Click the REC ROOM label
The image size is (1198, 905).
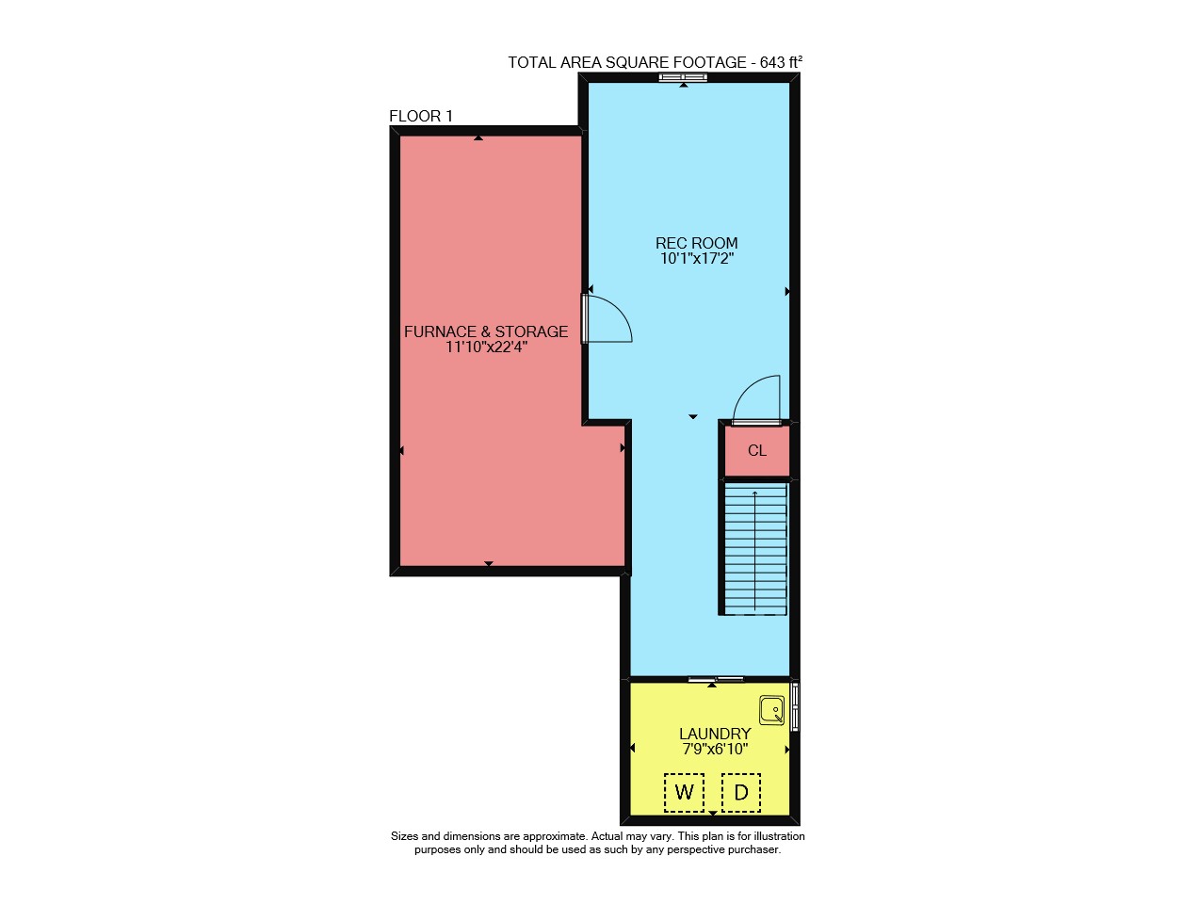[x=696, y=243]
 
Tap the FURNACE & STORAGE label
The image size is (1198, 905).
[x=486, y=331]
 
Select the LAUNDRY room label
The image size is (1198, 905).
[x=715, y=734]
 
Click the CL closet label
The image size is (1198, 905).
[x=757, y=450]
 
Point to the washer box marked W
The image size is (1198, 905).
[x=684, y=792]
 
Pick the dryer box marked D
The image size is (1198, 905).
[x=740, y=792]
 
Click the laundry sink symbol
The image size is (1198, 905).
[x=771, y=710]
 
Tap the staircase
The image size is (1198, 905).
[x=754, y=549]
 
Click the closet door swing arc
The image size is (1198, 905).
[x=744, y=388]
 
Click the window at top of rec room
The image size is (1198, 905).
[x=683, y=77]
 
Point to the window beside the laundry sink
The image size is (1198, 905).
[x=795, y=706]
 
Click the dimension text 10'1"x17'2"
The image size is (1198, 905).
[x=697, y=259]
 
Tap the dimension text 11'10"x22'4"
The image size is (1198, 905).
[x=486, y=347]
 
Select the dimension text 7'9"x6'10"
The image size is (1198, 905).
[x=715, y=749]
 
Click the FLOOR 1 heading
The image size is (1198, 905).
[x=421, y=116]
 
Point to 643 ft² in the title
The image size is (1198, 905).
[x=781, y=62]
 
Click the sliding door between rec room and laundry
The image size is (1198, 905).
[x=716, y=679]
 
